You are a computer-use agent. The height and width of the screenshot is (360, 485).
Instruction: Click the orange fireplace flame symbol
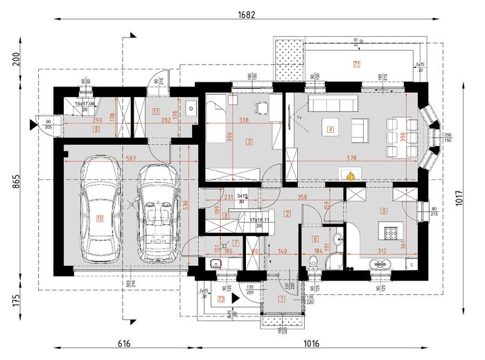click(351, 174)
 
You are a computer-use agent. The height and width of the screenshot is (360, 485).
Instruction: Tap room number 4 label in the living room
click(330, 129)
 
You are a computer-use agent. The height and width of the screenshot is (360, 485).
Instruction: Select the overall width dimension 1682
click(246, 14)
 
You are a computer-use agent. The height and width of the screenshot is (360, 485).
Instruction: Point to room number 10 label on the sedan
click(100, 219)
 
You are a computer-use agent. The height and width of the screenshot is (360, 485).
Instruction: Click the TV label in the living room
click(299, 119)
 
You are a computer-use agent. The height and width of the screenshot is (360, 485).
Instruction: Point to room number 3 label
click(249, 141)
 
